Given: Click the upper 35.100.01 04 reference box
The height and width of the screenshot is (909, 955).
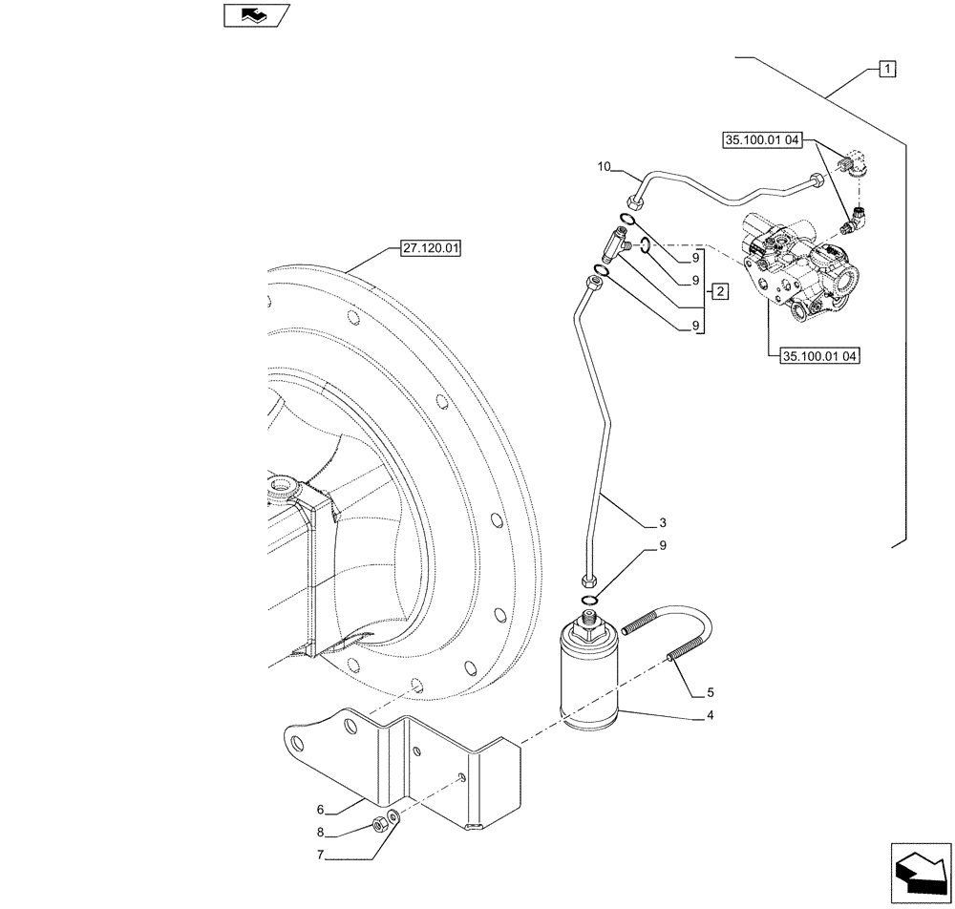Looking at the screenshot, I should tap(765, 139).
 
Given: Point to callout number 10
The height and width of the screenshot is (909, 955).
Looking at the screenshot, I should tap(604, 168).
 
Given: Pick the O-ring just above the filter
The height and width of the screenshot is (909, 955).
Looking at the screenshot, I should tap(589, 600).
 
